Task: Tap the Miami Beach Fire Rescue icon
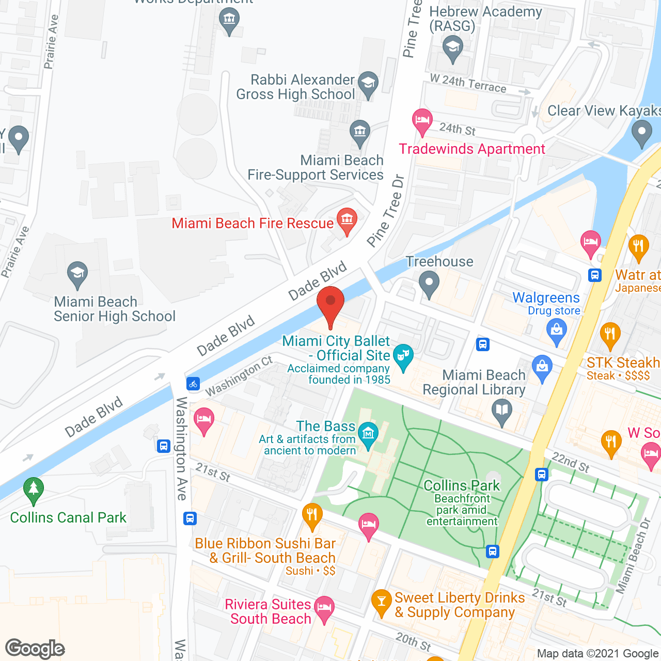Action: (347, 220)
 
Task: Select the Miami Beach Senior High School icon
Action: (77, 274)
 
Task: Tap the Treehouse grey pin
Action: (429, 284)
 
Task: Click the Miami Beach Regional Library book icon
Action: (502, 412)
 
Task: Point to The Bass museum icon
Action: (368, 434)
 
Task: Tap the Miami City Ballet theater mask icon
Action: (403, 356)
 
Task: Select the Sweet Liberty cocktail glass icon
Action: (382, 602)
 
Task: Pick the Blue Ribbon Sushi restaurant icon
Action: (312, 515)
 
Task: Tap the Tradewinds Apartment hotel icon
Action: (422, 121)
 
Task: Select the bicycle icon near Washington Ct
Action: (193, 384)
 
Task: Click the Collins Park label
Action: (462, 485)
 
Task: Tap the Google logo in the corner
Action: (35, 649)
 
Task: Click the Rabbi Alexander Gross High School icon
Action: (368, 84)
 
